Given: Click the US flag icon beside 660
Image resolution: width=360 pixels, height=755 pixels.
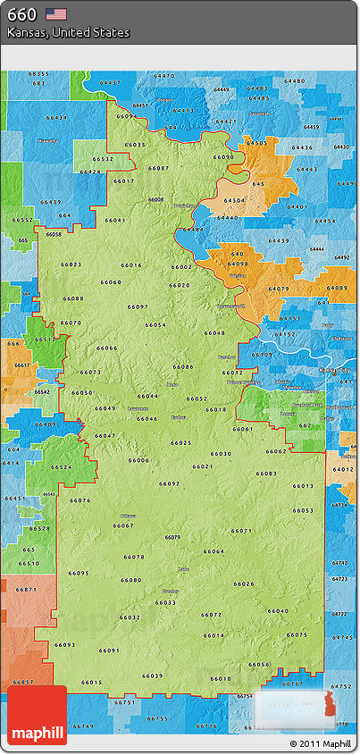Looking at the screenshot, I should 56,13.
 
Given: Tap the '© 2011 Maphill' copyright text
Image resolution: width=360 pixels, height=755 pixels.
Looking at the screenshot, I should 320,743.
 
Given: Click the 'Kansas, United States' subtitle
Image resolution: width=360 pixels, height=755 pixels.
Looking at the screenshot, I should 69,32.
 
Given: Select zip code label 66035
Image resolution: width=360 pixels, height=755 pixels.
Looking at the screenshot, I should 135,145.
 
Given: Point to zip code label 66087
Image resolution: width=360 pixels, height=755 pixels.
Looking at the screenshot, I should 158,168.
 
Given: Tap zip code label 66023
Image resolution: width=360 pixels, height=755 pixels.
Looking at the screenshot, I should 71,264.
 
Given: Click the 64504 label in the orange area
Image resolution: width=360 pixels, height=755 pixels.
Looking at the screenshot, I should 234,201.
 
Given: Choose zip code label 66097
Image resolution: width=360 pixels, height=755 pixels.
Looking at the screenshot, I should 138,306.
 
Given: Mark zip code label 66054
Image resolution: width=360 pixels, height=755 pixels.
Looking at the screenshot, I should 155,325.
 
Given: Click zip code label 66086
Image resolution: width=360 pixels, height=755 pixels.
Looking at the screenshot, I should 183,366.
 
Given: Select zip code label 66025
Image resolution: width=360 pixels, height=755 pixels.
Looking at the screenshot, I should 181,443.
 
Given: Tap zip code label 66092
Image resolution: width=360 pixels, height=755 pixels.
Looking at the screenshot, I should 169,483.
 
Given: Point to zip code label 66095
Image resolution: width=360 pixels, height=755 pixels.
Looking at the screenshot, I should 79,574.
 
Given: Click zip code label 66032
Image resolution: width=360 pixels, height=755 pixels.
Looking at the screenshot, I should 130,617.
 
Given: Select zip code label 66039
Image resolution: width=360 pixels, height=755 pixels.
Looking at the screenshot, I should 153,675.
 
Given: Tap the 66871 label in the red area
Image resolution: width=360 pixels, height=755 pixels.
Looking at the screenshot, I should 27,590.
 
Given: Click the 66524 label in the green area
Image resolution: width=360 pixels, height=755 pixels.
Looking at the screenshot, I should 62,467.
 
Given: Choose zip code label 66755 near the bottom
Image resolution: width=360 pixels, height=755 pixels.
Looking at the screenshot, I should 157,718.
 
